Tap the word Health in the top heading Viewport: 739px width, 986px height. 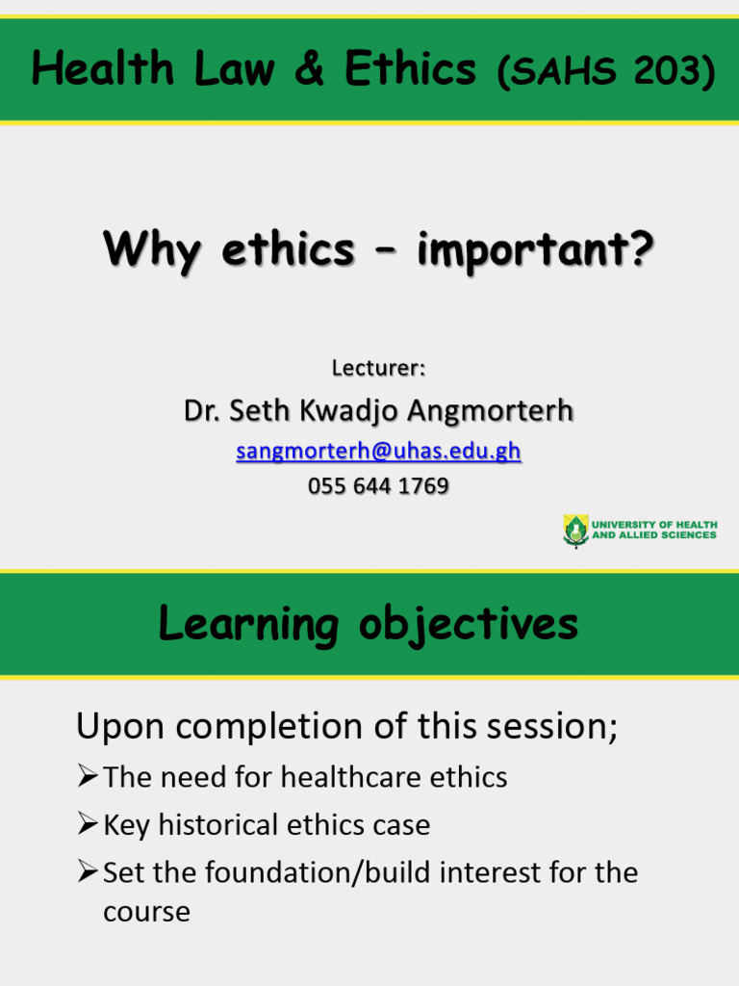(86, 70)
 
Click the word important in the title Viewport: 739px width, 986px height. (534, 251)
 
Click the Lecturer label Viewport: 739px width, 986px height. (378, 368)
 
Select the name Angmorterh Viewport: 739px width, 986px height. (490, 412)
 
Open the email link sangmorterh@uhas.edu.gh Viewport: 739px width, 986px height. (378, 452)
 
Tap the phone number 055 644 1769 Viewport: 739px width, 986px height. (378, 486)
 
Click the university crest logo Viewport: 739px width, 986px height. (575, 530)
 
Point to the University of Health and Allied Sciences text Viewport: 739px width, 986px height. (654, 530)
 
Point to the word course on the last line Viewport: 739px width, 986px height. (146, 912)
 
